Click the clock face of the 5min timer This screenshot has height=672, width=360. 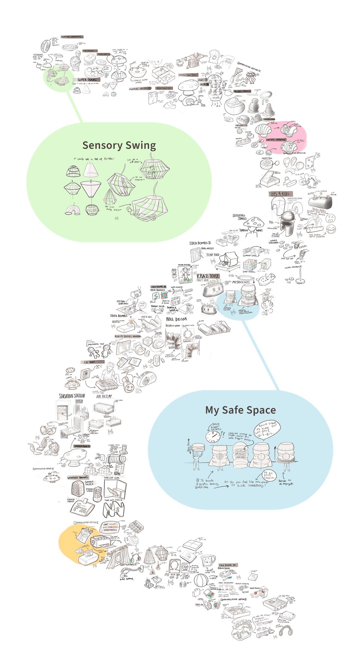pyautogui.click(x=212, y=437)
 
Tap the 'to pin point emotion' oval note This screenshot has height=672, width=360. pyautogui.click(x=269, y=476)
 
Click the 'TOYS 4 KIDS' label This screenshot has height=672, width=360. pyautogui.click(x=281, y=194)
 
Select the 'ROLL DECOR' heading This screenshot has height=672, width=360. pyautogui.click(x=177, y=319)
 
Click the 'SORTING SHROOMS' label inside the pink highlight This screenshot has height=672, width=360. pyautogui.click(x=276, y=139)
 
